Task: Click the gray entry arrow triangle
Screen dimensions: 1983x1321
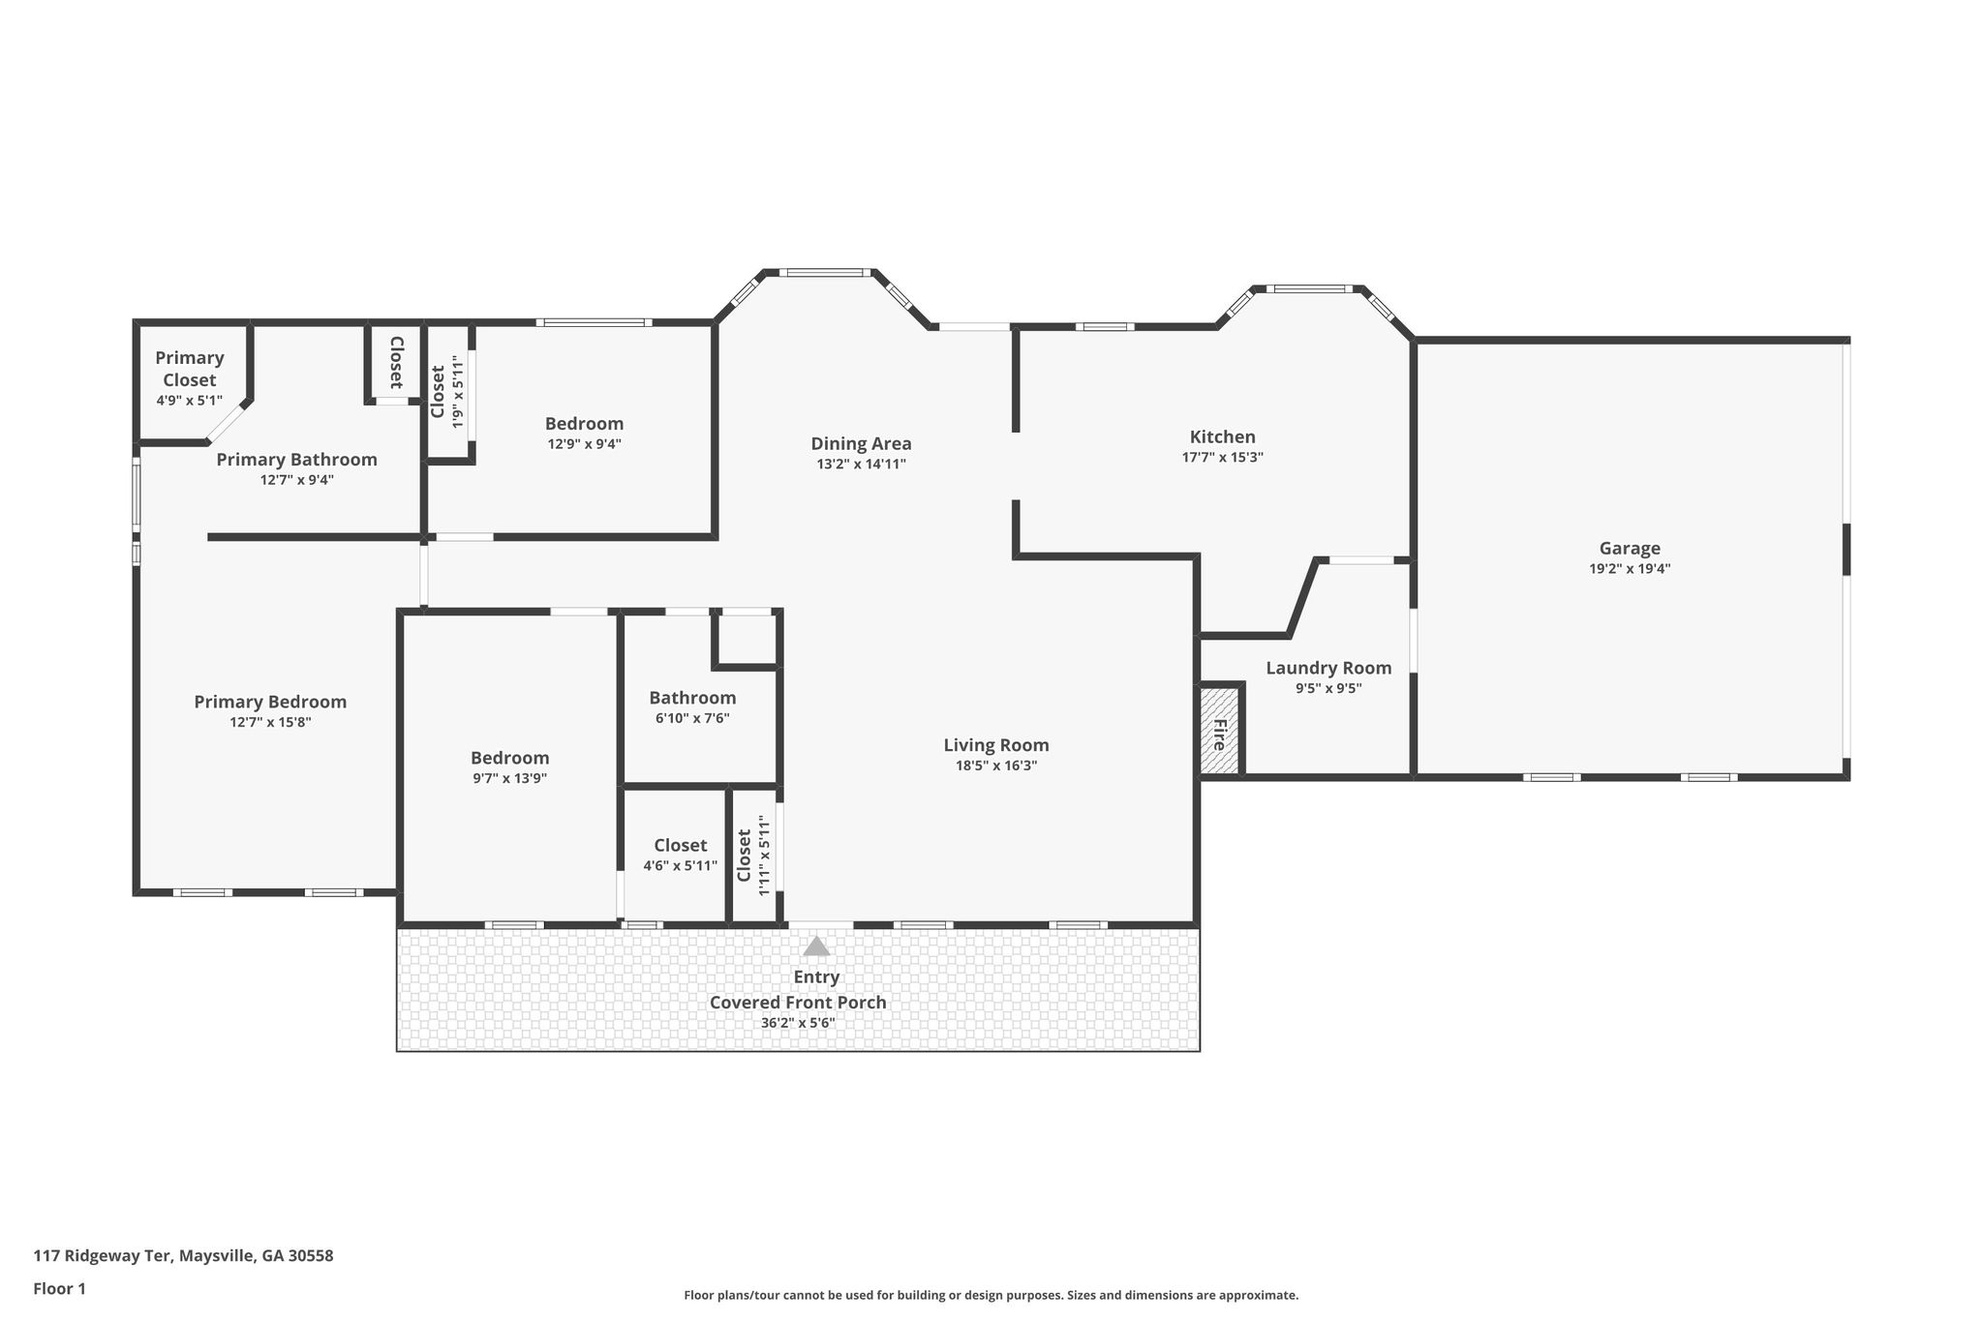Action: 816,946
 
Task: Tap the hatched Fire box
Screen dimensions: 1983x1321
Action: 1219,731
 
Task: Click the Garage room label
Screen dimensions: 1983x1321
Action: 1630,548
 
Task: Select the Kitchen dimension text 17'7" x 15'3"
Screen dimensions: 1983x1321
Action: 1222,458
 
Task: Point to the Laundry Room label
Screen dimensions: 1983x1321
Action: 1328,668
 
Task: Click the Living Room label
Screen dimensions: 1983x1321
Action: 996,745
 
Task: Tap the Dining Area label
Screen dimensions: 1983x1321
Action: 861,444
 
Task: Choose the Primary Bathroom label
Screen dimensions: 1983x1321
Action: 296,460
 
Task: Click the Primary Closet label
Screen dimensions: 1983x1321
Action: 190,369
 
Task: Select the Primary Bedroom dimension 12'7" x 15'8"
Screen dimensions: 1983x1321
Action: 270,722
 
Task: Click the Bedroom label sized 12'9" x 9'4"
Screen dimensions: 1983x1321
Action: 584,424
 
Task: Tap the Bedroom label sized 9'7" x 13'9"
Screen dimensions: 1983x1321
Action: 509,758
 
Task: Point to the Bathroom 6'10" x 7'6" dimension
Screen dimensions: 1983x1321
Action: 692,718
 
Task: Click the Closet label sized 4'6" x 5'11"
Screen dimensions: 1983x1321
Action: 680,845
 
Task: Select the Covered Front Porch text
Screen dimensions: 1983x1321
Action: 798,1003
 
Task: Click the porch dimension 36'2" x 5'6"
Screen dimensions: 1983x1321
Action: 798,1023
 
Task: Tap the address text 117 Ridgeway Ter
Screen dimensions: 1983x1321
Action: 103,1256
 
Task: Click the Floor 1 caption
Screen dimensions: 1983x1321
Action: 59,1288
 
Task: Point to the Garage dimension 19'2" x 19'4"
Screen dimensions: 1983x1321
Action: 1630,569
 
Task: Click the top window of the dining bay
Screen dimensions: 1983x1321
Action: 826,273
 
